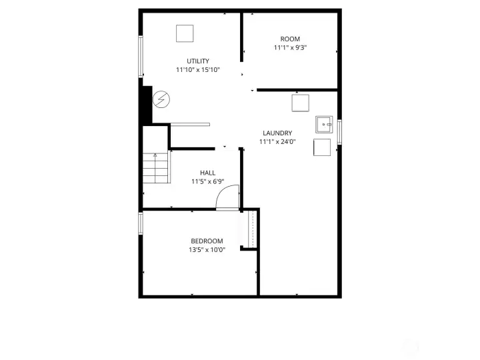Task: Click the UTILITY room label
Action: click(197, 61)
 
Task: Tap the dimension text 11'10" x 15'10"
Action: click(197, 70)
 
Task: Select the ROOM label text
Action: click(290, 39)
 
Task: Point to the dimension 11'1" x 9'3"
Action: click(290, 48)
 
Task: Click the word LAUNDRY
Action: click(277, 133)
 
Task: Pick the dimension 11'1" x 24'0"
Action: click(277, 141)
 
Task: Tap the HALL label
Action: click(207, 173)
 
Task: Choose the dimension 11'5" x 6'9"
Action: click(207, 181)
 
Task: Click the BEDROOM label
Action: click(207, 241)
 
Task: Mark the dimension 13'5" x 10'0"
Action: click(207, 250)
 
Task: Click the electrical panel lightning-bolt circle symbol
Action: click(161, 100)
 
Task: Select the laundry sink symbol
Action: click(325, 124)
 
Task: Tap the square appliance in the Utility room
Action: click(185, 33)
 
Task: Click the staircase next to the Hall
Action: click(156, 168)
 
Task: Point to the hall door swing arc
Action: click(227, 198)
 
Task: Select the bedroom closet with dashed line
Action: click(251, 229)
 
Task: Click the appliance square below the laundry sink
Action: click(322, 147)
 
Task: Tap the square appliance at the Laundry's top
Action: click(300, 103)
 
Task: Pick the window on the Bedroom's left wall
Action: click(141, 223)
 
